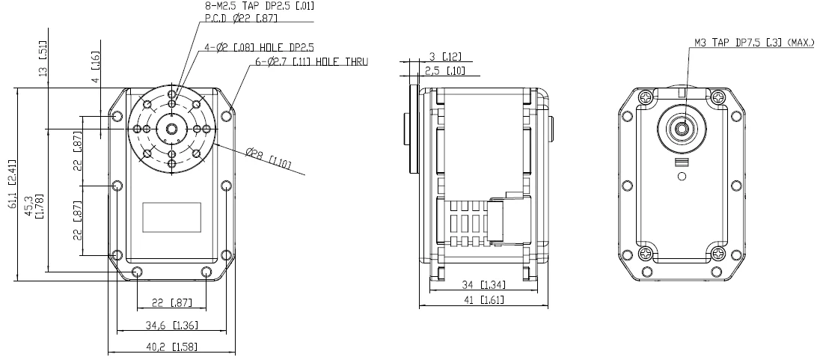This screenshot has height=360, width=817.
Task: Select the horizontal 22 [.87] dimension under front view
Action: tap(171, 302)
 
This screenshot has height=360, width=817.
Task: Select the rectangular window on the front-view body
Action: tap(171, 217)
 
